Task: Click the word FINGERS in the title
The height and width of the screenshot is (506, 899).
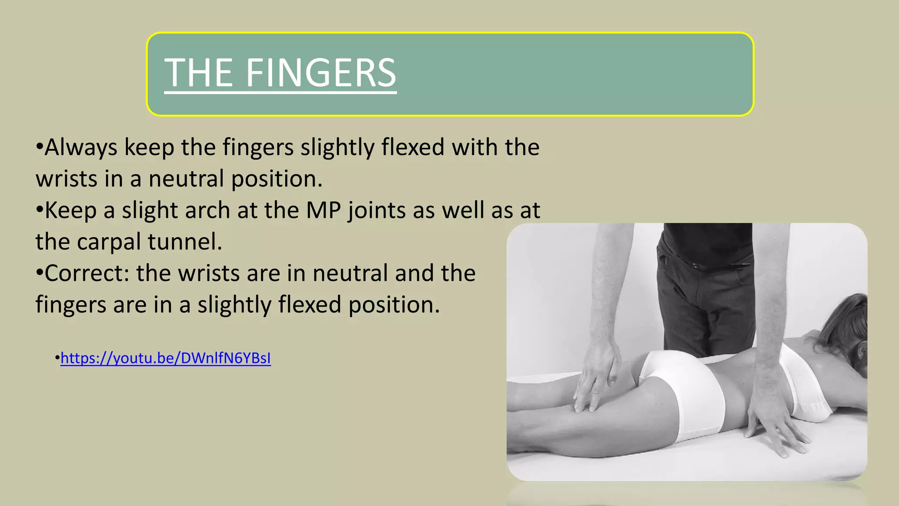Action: click(320, 73)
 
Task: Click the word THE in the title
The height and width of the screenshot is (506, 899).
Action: click(198, 73)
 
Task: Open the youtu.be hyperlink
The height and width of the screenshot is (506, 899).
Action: click(165, 358)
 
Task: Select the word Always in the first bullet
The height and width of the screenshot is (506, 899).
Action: click(81, 148)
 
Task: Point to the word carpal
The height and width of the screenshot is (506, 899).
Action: click(109, 242)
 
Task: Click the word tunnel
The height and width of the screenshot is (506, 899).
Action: click(185, 242)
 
